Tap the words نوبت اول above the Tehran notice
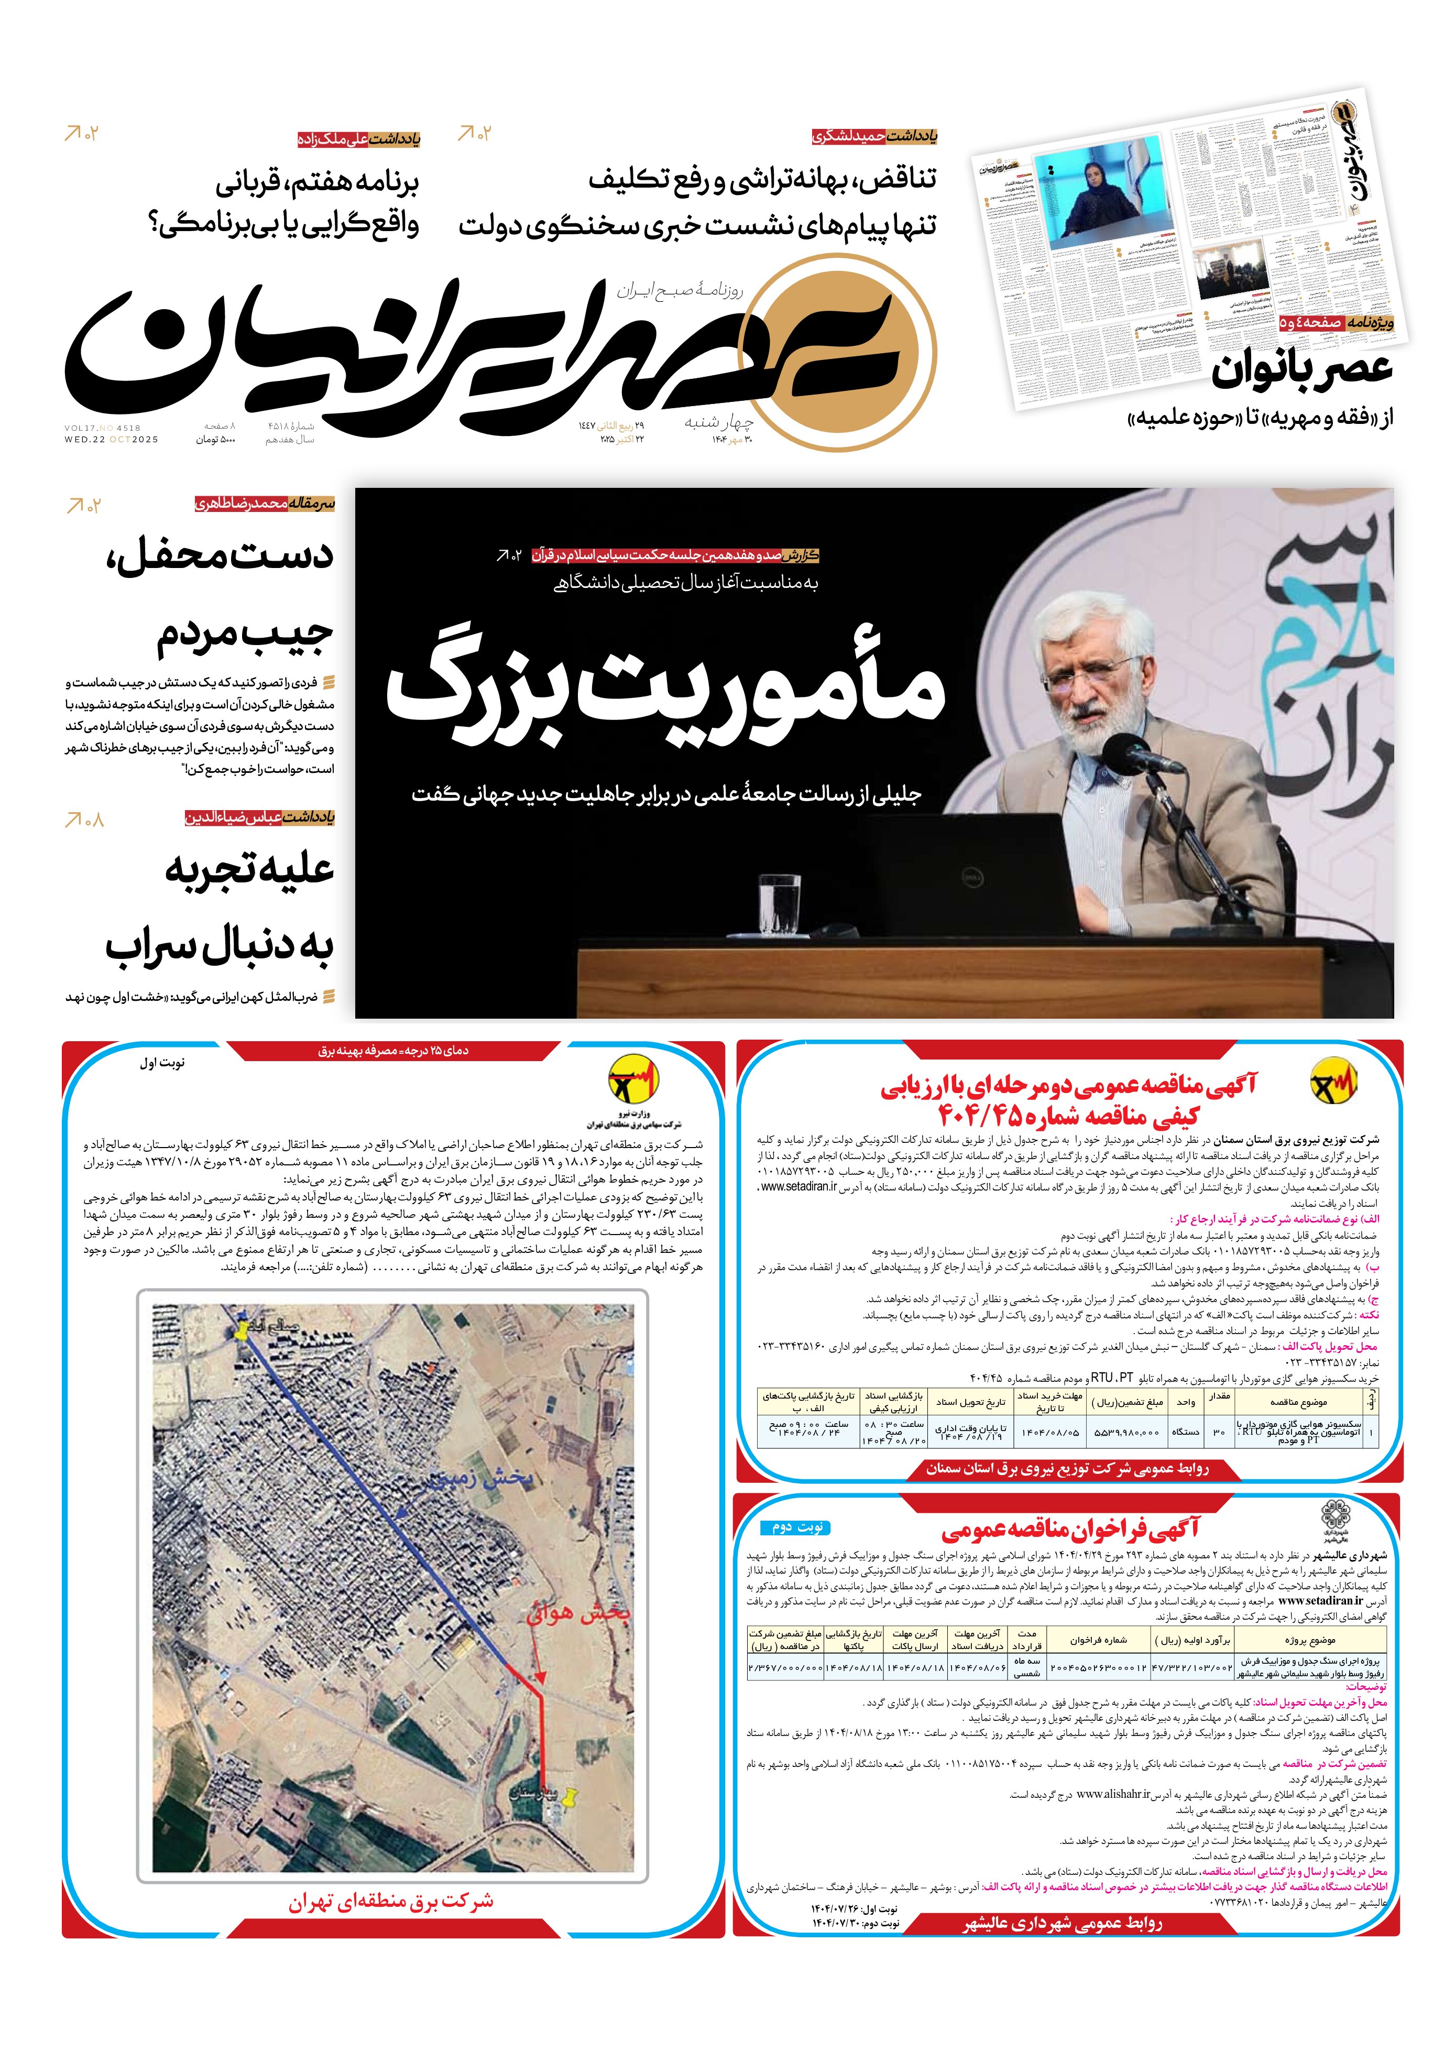pos(162,1063)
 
